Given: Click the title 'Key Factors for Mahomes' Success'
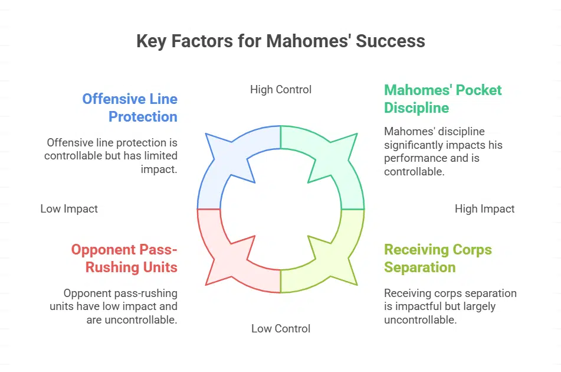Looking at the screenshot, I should coord(280,41).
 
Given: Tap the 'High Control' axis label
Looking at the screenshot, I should coord(281,90).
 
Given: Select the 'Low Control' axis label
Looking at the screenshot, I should coord(281,328).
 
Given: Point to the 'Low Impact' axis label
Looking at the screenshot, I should coord(69,208).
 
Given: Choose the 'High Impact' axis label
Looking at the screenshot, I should coord(485,208).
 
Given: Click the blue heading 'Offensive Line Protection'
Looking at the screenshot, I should coord(130,107).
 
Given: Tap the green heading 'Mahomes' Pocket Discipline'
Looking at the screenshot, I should coord(442,99).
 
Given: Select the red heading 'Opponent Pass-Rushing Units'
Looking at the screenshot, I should coord(124,258).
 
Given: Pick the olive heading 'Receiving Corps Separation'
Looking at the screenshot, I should coord(438,258).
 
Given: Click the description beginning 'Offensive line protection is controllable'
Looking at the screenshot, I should coord(111,156).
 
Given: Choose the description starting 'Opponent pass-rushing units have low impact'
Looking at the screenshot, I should coord(120,306).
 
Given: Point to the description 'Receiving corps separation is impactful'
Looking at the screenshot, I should coord(450,306).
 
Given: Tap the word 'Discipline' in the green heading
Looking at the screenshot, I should coord(416,108).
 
